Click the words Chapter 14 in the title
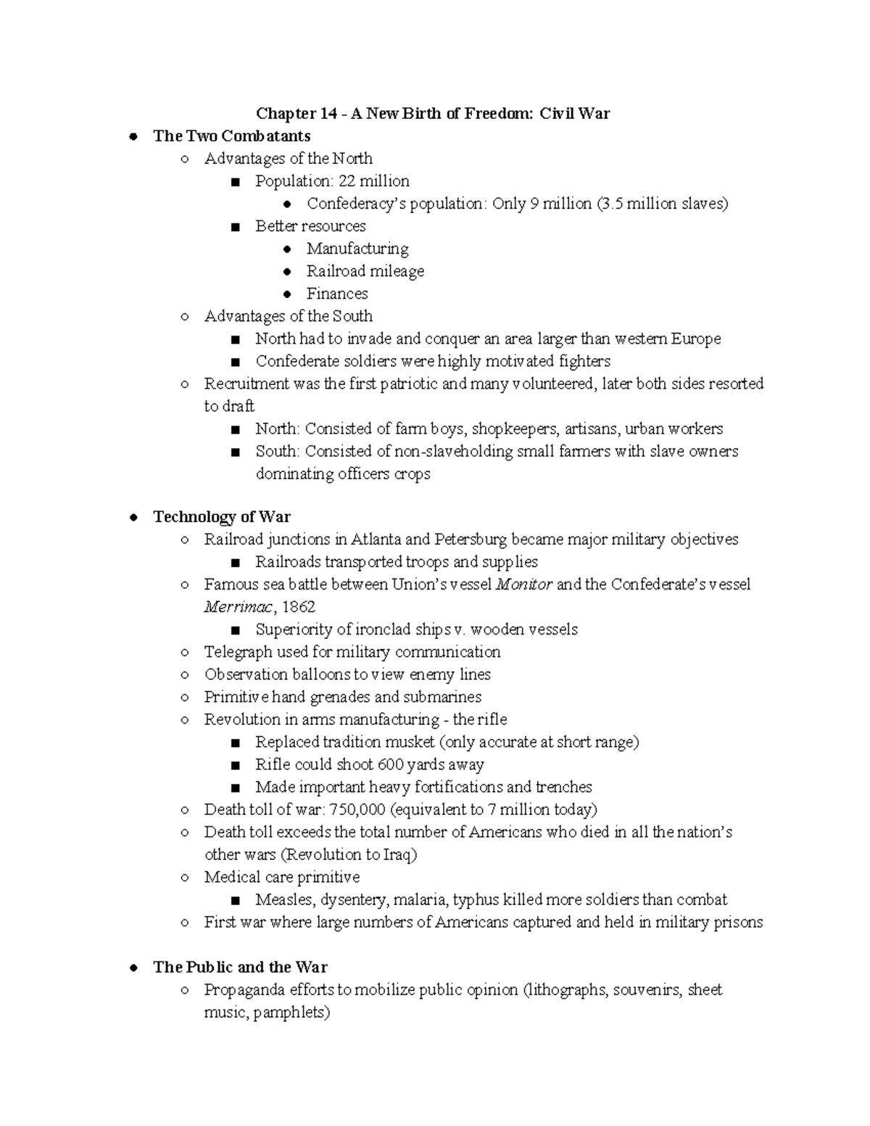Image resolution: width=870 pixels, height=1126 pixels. click(x=286, y=114)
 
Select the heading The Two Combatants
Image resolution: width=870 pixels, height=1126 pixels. click(x=231, y=136)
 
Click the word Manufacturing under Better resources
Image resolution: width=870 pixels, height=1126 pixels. click(x=357, y=249)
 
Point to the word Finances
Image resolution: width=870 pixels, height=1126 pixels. click(x=337, y=294)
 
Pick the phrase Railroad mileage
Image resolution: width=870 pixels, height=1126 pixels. click(x=365, y=271)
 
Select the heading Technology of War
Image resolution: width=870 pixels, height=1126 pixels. click(x=221, y=517)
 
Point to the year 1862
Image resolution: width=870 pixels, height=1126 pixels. click(x=299, y=607)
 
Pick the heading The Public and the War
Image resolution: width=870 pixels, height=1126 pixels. click(x=240, y=967)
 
